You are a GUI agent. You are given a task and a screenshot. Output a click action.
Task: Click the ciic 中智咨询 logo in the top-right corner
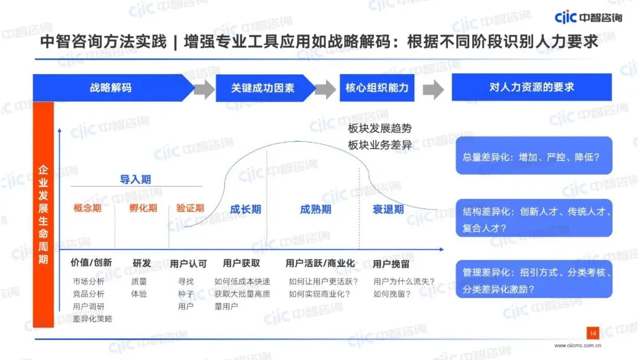(x=588, y=17)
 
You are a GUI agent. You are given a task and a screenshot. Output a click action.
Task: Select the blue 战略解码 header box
(x=111, y=88)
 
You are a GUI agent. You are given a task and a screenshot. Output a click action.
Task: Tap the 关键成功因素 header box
(x=263, y=88)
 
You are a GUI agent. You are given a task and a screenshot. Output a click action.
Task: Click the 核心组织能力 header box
(x=377, y=88)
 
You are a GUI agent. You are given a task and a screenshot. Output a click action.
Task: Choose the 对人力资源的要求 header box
(x=531, y=87)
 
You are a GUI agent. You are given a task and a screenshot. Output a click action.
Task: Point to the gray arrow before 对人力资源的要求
(x=433, y=89)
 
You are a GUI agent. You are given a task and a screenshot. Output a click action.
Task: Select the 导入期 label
(x=135, y=179)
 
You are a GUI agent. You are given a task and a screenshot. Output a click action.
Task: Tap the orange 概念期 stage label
(x=87, y=208)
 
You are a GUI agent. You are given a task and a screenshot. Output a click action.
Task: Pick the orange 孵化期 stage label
(x=143, y=208)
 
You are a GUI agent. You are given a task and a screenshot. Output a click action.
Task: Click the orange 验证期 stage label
(x=190, y=208)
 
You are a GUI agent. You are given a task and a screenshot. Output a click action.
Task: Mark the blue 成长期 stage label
(x=245, y=210)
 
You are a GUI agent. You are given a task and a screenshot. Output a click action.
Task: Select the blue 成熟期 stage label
(x=315, y=210)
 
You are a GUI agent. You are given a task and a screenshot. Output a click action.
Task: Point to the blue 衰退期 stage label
(x=388, y=210)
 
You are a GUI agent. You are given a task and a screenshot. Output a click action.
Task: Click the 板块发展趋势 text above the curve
(x=379, y=128)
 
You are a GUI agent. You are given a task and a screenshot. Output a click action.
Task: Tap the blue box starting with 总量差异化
(x=534, y=156)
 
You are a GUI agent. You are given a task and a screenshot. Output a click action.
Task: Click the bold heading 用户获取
(x=241, y=263)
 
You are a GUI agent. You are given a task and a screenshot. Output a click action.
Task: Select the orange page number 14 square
(x=593, y=333)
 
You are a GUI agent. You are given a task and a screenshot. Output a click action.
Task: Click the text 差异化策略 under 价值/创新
(x=92, y=319)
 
